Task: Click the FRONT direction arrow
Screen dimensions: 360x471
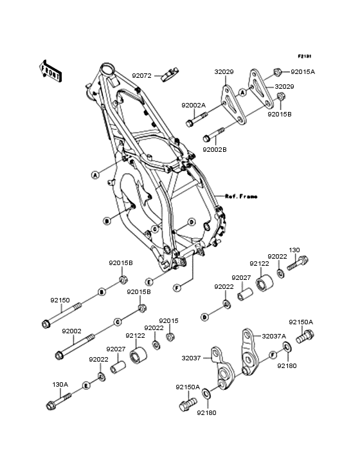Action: [50, 71]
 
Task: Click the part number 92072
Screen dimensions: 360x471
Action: [141, 76]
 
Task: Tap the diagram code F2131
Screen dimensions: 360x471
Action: [305, 56]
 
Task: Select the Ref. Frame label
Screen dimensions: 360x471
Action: [241, 196]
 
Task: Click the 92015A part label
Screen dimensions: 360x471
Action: [303, 72]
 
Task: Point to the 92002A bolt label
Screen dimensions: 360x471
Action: [194, 106]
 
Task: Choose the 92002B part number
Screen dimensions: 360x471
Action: [215, 149]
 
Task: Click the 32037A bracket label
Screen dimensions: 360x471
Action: [274, 336]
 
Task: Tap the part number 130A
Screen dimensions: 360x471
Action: [60, 385]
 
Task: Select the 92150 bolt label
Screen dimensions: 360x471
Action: [60, 300]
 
